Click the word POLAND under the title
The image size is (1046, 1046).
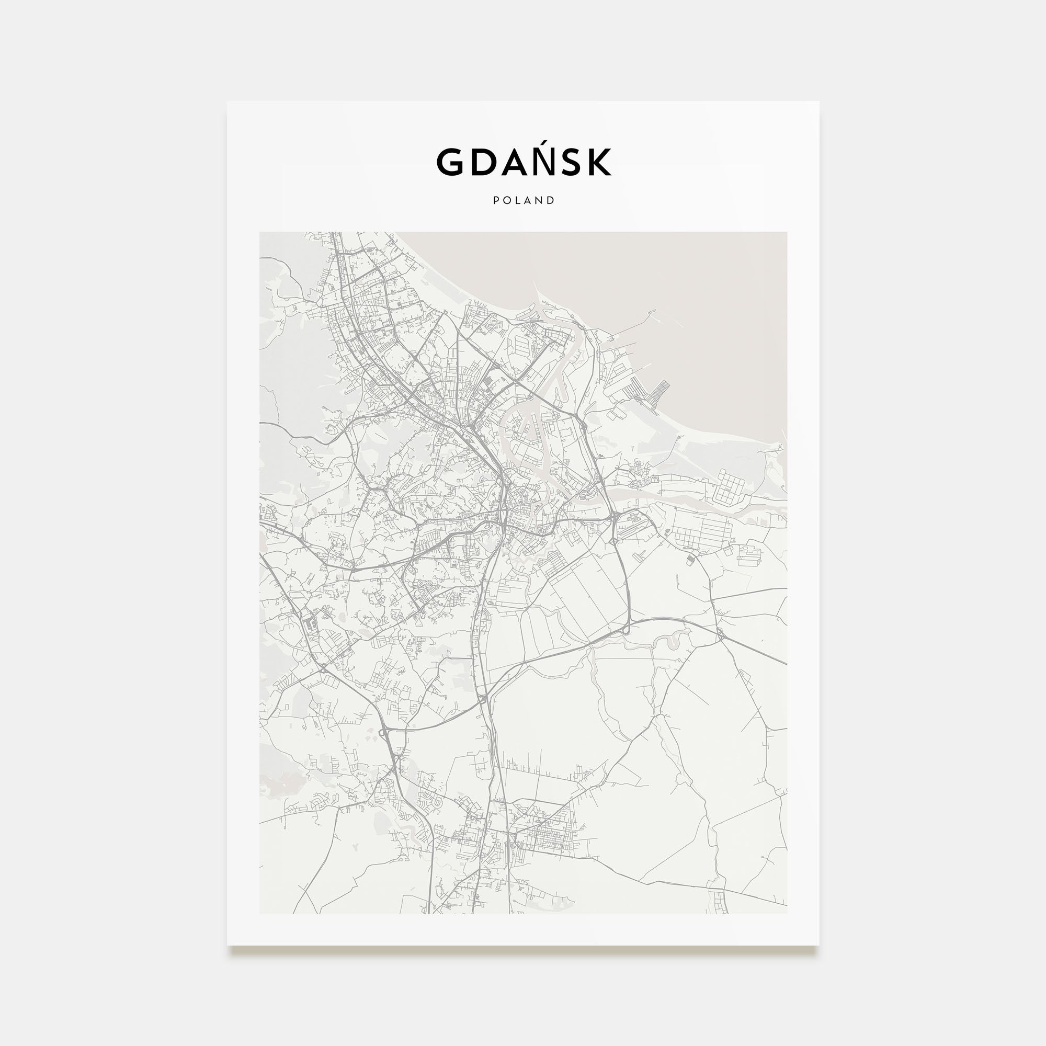click(x=524, y=201)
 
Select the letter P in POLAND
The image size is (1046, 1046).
click(x=496, y=201)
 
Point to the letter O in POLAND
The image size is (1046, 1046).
click(x=507, y=201)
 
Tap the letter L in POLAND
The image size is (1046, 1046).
click(x=518, y=201)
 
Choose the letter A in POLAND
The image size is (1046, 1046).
click(x=528, y=201)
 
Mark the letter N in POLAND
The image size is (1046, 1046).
click(x=540, y=201)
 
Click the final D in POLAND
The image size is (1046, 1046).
click(x=551, y=201)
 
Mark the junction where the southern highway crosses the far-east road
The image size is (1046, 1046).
click(x=721, y=633)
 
